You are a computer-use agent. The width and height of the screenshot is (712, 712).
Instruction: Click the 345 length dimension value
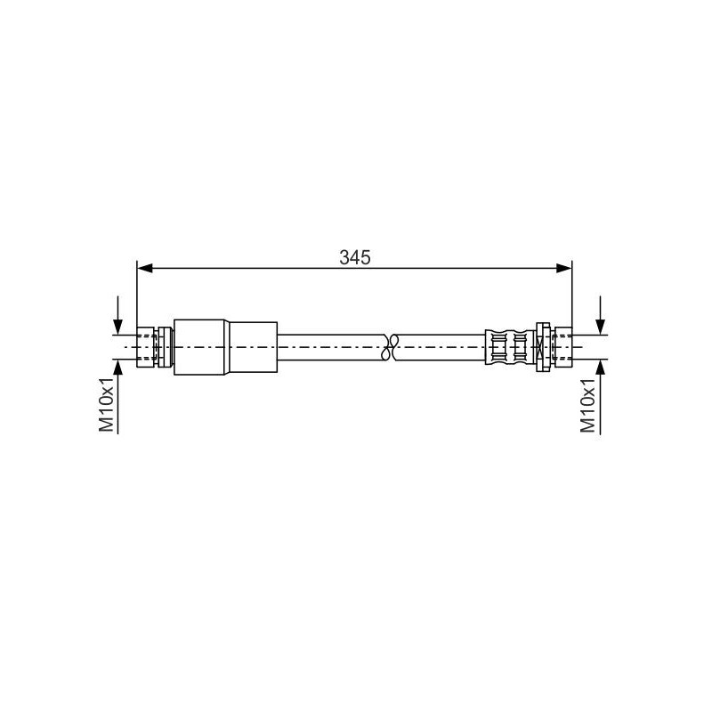(x=355, y=257)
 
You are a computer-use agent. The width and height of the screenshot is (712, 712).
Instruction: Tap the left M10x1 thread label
(x=107, y=405)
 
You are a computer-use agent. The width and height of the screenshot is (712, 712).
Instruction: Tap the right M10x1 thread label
(x=587, y=405)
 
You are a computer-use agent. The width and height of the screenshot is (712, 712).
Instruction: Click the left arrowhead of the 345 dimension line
(x=144, y=269)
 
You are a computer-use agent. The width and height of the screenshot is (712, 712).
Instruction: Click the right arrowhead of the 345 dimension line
(x=564, y=269)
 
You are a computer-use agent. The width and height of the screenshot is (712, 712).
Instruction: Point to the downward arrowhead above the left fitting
(x=118, y=327)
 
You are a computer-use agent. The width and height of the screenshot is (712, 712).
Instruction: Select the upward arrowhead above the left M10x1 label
(x=118, y=368)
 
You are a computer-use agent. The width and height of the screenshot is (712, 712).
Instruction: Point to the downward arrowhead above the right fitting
(x=600, y=327)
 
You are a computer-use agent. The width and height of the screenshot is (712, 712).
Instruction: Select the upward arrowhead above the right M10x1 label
(x=600, y=368)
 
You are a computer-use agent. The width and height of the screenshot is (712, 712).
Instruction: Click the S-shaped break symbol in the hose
(x=389, y=347)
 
